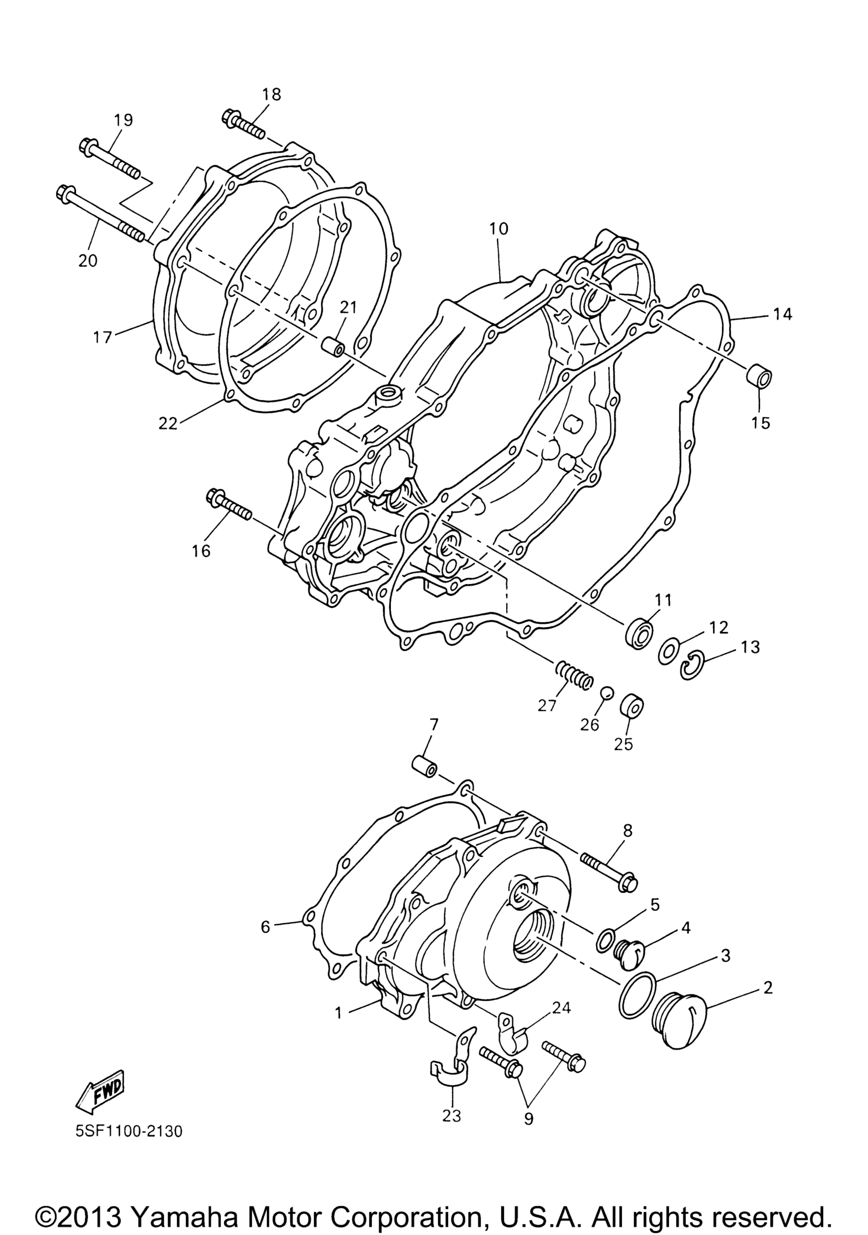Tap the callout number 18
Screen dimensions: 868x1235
pos(271,94)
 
